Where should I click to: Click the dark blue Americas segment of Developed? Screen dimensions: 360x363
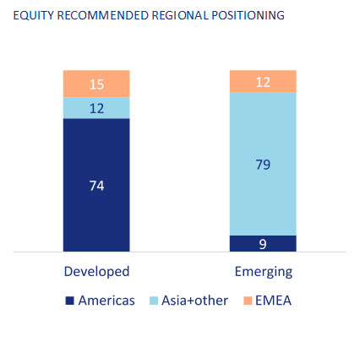coord(96,185)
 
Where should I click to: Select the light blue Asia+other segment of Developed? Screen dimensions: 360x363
coord(96,108)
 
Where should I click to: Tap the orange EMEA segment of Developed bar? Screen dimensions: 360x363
coord(96,84)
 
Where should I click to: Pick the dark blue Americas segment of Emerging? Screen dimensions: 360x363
coord(263,243)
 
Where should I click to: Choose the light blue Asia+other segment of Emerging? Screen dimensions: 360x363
coord(263,164)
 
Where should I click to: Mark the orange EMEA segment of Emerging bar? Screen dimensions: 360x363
coord(263,81)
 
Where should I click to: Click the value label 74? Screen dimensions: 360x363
coord(96,186)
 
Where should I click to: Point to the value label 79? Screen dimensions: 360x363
coord(263,165)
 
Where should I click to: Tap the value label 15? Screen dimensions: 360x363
coord(96,84)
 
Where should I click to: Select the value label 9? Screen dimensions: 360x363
coord(263,244)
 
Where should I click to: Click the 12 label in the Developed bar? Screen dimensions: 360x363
coord(96,109)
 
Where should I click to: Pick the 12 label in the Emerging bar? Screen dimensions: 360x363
coord(263,82)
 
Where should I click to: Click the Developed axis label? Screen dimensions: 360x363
coord(96,272)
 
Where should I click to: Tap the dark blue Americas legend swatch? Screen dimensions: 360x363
coord(69,301)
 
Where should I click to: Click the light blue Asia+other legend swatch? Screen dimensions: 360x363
coord(154,301)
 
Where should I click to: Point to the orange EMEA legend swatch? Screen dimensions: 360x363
coord(248,301)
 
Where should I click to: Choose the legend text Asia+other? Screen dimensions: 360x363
coord(194,301)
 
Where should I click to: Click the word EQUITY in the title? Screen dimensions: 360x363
coord(34,15)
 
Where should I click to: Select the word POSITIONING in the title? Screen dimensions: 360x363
coord(248,15)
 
